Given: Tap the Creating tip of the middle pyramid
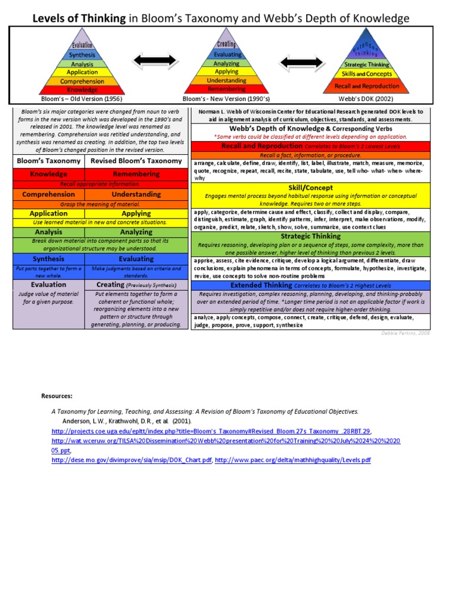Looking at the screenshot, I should coord(227,44).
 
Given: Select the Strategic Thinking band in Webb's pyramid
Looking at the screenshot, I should coord(367,64).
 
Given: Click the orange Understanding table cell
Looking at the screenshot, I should coord(136,194).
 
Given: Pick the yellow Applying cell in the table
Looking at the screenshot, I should coord(136,213).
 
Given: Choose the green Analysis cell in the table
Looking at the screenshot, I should coord(48,232).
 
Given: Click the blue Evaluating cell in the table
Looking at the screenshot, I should coord(136,259).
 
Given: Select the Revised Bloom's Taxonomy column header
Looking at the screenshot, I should coord(136,161).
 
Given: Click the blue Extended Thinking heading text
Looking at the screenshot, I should coord(261,285).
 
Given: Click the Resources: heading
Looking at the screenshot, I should coord(57,395).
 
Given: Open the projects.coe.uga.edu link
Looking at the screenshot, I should coord(212,432).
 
